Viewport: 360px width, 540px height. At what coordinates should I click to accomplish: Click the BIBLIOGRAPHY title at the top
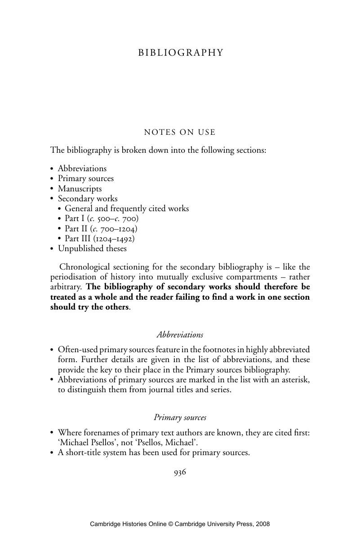(x=180, y=53)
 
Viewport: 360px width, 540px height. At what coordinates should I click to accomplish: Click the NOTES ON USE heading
(x=180, y=132)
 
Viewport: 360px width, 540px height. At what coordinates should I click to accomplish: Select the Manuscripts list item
(x=80, y=189)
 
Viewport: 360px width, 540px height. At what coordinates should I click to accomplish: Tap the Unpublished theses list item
(x=92, y=248)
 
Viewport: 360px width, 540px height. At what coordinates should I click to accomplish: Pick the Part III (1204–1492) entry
(x=99, y=239)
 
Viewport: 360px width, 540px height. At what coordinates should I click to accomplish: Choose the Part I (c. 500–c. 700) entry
(x=102, y=219)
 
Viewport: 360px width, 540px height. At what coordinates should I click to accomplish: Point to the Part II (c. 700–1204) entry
(x=101, y=229)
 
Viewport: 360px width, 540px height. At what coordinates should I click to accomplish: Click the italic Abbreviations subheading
(x=180, y=335)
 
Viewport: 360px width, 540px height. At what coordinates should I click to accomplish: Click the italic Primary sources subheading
(x=180, y=417)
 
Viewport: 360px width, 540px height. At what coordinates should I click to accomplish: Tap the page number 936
(x=180, y=472)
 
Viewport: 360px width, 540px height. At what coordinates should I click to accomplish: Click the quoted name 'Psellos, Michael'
(x=160, y=443)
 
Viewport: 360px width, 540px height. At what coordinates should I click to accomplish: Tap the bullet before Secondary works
(x=52, y=199)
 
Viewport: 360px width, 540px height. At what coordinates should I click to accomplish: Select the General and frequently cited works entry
(x=127, y=208)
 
